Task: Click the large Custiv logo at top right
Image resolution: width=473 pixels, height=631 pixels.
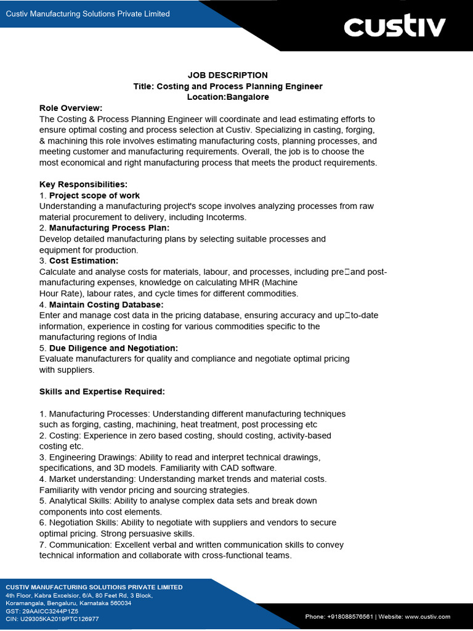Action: coord(394,27)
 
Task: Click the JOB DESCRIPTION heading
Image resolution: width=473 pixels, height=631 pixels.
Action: coord(228,75)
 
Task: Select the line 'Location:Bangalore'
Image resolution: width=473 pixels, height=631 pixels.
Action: coord(228,97)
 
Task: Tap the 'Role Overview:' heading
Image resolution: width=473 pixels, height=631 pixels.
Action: coord(71,108)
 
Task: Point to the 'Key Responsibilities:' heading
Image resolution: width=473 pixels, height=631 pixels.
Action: coord(83,184)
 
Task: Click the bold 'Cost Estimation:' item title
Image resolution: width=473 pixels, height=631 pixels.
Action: coord(84,261)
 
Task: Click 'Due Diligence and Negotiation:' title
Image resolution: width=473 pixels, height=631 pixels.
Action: coord(113,348)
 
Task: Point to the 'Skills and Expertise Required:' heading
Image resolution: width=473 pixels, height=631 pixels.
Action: coord(102,392)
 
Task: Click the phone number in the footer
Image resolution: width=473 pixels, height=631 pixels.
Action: coord(342,616)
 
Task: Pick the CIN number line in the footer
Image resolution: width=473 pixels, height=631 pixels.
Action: coord(52,619)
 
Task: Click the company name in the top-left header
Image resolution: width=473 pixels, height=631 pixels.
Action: coord(87,14)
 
